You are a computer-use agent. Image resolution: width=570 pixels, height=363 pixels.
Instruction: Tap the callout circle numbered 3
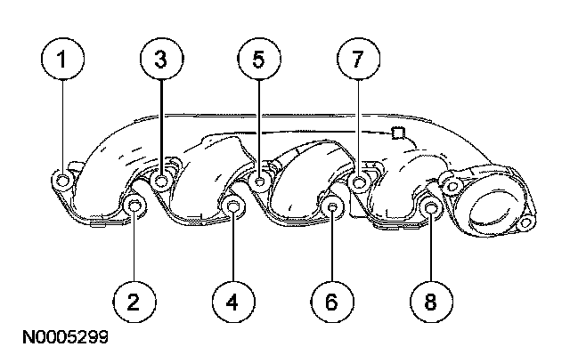[x=161, y=60]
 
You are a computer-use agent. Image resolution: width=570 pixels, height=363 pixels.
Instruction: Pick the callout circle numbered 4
[x=232, y=302]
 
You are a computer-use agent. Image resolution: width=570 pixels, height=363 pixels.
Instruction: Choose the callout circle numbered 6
[x=330, y=302]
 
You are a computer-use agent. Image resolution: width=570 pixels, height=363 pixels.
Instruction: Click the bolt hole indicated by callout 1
[x=63, y=182]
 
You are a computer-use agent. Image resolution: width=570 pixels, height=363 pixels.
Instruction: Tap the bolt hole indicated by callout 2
[x=135, y=208]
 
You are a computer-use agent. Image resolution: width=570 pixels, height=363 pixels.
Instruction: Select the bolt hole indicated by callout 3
[x=162, y=182]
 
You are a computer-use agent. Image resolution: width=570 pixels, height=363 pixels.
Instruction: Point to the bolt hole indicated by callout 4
[x=233, y=208]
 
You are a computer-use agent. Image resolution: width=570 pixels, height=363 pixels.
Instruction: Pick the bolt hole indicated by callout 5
[x=260, y=182]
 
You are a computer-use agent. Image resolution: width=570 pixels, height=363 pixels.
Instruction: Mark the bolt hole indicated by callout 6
[x=331, y=208]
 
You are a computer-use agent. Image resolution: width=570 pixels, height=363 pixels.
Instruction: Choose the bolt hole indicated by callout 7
[x=359, y=182]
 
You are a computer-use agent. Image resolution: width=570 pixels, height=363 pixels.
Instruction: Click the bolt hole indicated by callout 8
[x=429, y=209]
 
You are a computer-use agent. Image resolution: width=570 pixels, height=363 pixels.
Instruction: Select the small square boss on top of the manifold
[x=398, y=134]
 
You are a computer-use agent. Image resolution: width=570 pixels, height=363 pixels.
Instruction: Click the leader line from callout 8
[x=428, y=254]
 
